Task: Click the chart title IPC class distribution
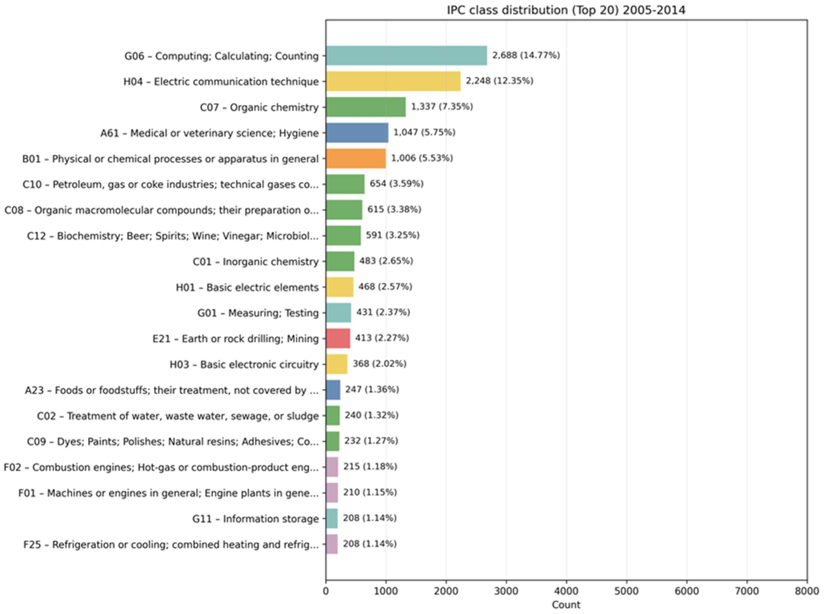(566, 10)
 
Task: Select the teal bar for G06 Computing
(406, 56)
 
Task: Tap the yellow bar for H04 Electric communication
(393, 81)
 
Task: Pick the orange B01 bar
(356, 159)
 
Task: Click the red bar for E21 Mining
(338, 339)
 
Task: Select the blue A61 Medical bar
(357, 133)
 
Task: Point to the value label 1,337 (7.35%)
(441, 107)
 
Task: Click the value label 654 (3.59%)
(396, 184)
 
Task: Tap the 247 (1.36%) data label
(372, 390)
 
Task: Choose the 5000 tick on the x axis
(627, 591)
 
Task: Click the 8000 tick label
(807, 591)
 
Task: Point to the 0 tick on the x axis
(326, 591)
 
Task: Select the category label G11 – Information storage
(255, 519)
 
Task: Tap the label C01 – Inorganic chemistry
(255, 262)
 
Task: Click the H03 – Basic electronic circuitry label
(244, 364)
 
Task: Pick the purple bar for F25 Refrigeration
(332, 544)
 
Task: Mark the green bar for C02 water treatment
(333, 415)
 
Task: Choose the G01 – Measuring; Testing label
(258, 313)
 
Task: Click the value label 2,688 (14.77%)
(526, 55)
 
